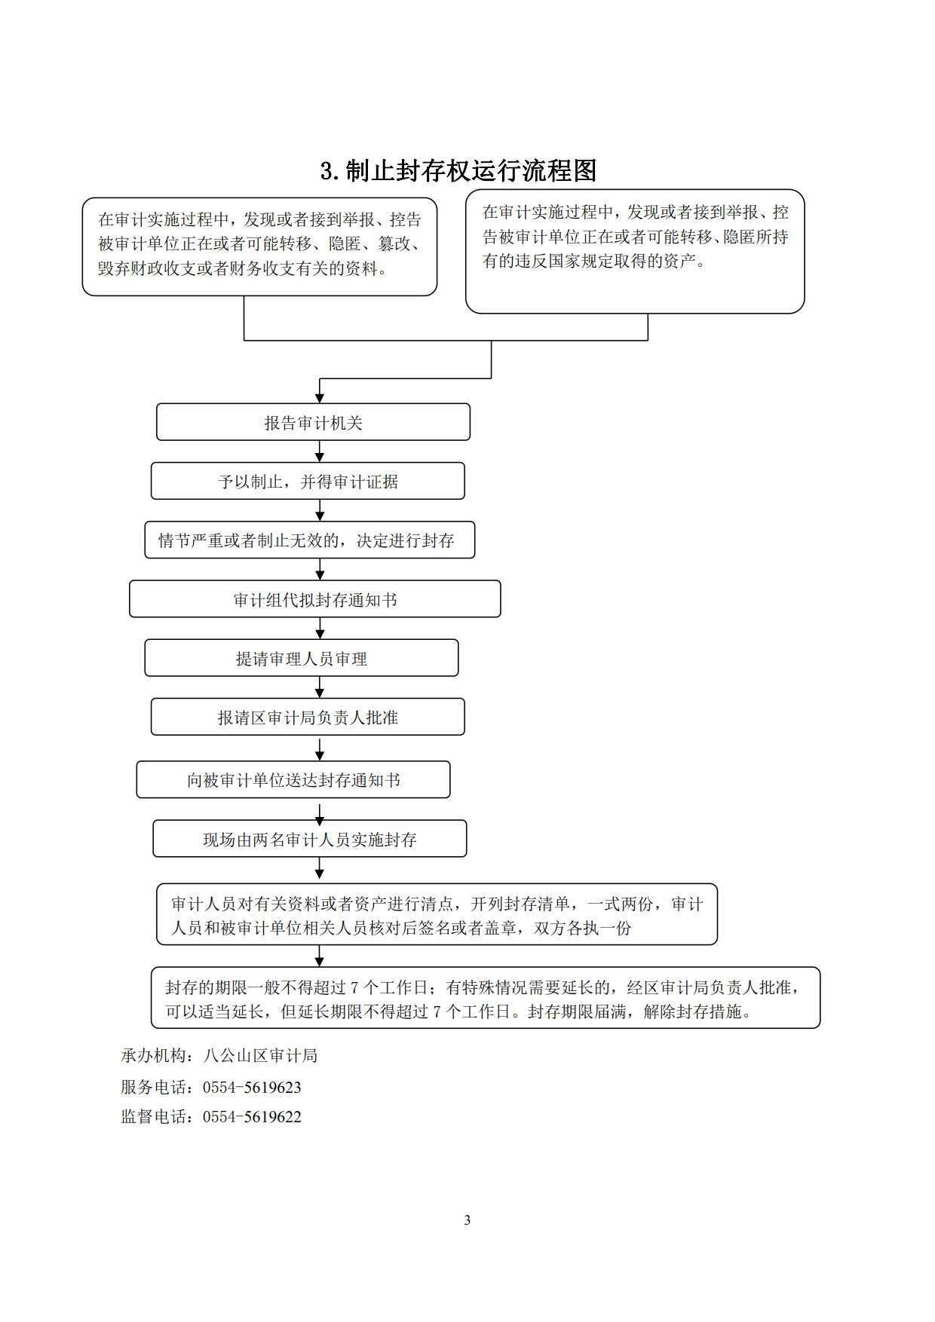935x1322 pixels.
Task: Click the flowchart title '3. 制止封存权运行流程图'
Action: coord(458,171)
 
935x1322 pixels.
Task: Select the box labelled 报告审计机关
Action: coord(313,423)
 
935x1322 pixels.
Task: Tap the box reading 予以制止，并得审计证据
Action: coord(308,482)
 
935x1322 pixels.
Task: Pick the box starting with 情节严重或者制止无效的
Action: coord(309,540)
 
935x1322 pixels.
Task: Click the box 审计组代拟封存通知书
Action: coord(314,600)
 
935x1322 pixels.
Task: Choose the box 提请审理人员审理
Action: coord(302,659)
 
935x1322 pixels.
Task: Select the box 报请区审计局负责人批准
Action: coord(308,718)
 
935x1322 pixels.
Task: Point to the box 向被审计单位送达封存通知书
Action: coord(293,780)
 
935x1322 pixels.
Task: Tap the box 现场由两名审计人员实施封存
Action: coord(310,839)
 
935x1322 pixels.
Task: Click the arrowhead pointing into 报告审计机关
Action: coord(320,397)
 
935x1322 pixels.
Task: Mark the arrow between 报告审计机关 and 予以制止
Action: coord(320,452)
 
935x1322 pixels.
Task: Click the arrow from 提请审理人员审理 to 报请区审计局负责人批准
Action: coord(320,688)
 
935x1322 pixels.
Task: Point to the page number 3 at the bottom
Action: coord(467,1219)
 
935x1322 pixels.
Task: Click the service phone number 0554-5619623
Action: coord(252,1088)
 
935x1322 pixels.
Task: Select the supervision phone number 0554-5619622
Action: coord(252,1117)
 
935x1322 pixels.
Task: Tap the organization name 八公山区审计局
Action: coord(260,1056)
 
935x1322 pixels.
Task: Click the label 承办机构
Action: coord(153,1056)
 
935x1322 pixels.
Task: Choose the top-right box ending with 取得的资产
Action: coord(635,251)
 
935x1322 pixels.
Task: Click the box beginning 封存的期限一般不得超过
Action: coord(486,998)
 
